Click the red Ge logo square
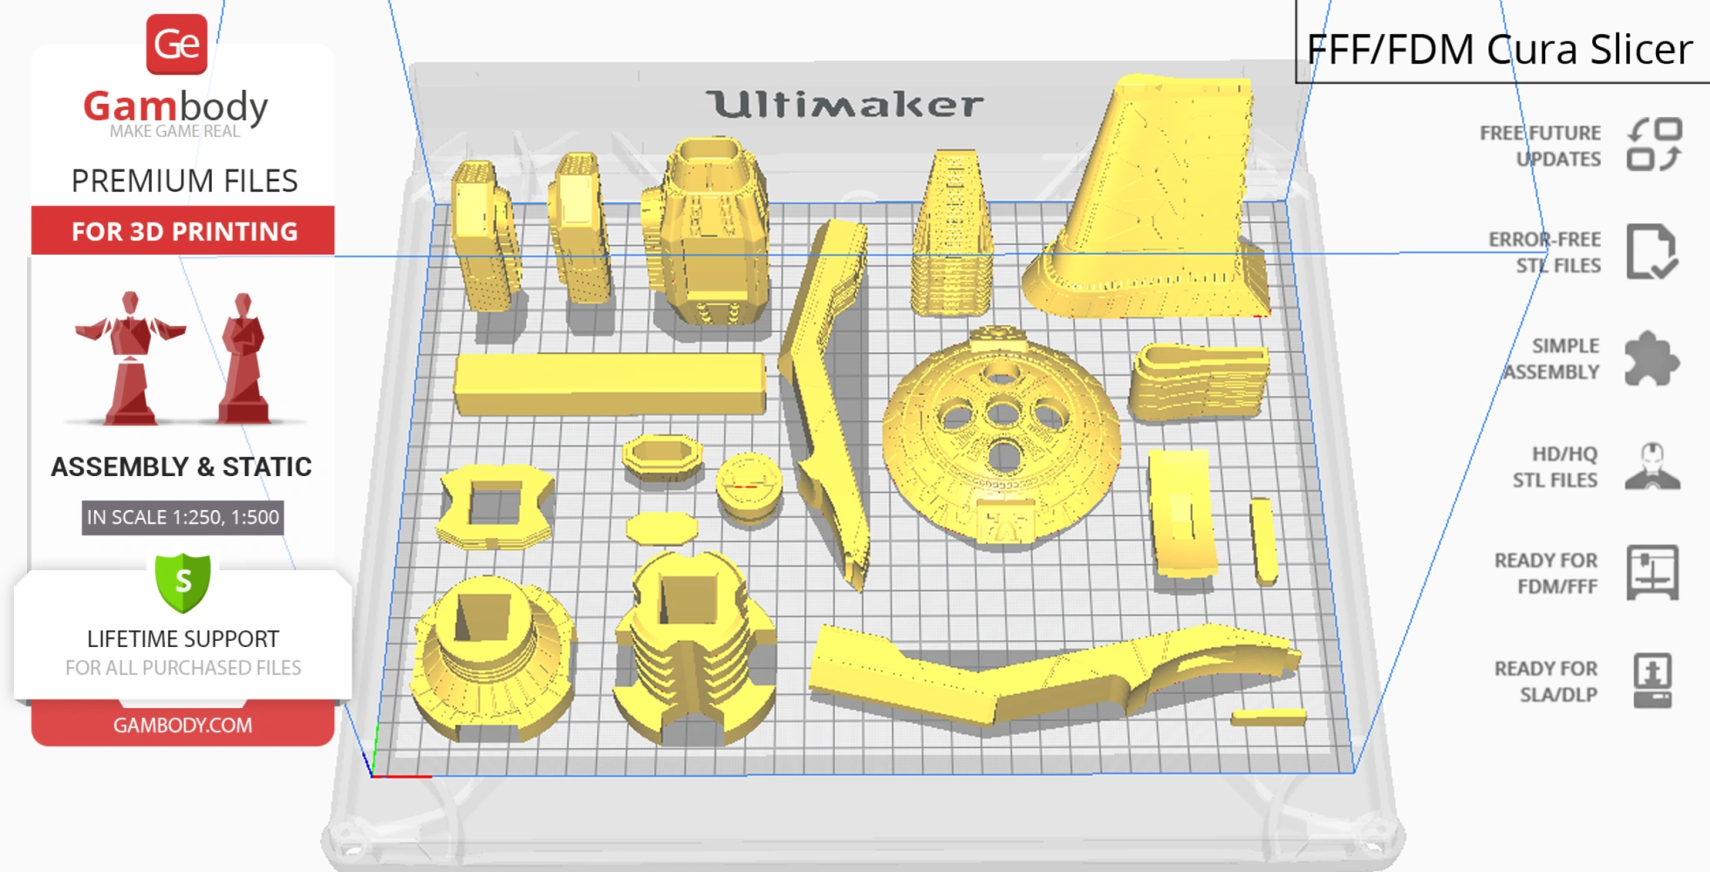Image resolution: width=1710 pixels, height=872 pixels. [x=176, y=44]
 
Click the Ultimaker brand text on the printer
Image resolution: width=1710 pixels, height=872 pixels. [x=845, y=105]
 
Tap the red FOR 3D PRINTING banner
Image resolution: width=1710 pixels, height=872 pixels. [x=183, y=231]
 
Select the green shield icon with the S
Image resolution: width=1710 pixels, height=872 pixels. [x=183, y=582]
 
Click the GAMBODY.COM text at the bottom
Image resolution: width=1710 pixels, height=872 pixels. [x=182, y=726]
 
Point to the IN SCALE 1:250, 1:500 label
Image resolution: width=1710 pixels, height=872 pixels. [x=182, y=517]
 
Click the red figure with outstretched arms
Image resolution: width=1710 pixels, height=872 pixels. [x=130, y=358]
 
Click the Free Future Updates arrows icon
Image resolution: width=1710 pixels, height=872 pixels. [x=1654, y=144]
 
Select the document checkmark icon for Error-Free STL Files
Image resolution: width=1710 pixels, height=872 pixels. [x=1652, y=251]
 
